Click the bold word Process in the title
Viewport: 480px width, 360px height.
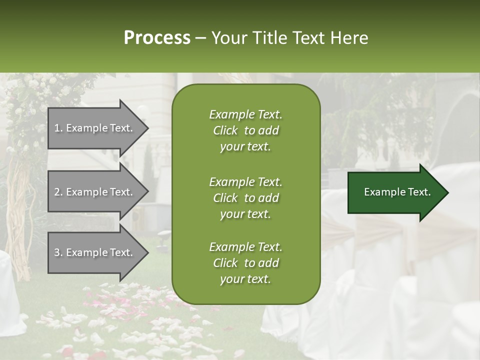157,38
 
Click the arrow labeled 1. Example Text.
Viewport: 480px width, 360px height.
95,128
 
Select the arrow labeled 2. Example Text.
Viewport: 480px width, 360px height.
95,192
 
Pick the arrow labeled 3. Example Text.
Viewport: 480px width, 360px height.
95,252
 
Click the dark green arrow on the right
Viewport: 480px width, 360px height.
395,192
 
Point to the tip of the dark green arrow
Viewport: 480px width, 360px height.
447,192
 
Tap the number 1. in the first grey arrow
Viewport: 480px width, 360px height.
58,128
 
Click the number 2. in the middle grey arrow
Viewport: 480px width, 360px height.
58,192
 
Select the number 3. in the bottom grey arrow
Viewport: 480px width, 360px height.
58,252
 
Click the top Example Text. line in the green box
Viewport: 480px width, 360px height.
245,114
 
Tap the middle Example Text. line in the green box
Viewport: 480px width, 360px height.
245,181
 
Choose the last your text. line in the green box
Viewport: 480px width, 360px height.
245,279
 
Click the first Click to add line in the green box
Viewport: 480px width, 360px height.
245,130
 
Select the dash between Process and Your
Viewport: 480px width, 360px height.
200,38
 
